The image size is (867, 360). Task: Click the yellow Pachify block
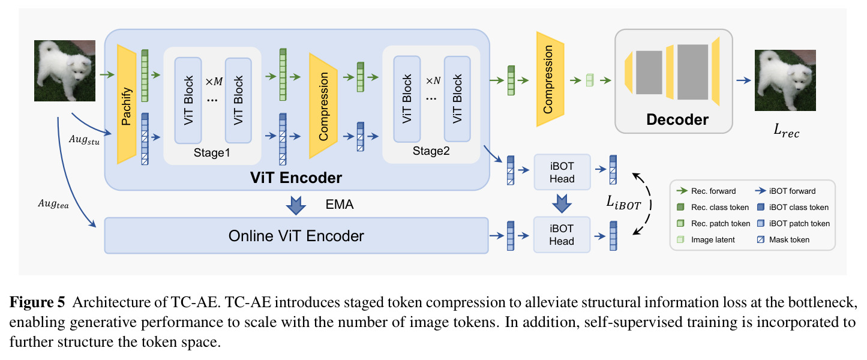coord(127,104)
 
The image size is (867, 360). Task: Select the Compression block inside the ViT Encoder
coord(323,106)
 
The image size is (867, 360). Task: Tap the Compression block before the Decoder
coord(550,79)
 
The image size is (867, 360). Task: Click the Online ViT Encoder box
coord(296,236)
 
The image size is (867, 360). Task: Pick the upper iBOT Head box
coord(562,172)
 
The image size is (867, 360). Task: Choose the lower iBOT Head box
coord(562,235)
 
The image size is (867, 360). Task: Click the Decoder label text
coord(677,119)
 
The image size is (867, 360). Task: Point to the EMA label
coord(340,205)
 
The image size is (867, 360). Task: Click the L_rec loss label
coord(786,131)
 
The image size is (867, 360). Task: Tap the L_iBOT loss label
coord(623,203)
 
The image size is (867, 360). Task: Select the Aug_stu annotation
coord(84,140)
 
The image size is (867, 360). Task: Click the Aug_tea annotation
coord(53,203)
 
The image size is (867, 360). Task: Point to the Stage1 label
coord(212,152)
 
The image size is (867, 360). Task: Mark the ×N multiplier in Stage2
coord(433,80)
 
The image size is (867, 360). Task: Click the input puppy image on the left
coord(65,71)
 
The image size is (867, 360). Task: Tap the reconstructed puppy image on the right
coord(785,80)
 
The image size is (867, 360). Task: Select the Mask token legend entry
coord(783,239)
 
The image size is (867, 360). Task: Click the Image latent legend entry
coord(706,239)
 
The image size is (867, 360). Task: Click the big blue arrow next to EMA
coord(296,205)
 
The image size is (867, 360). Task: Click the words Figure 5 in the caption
coord(37,302)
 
